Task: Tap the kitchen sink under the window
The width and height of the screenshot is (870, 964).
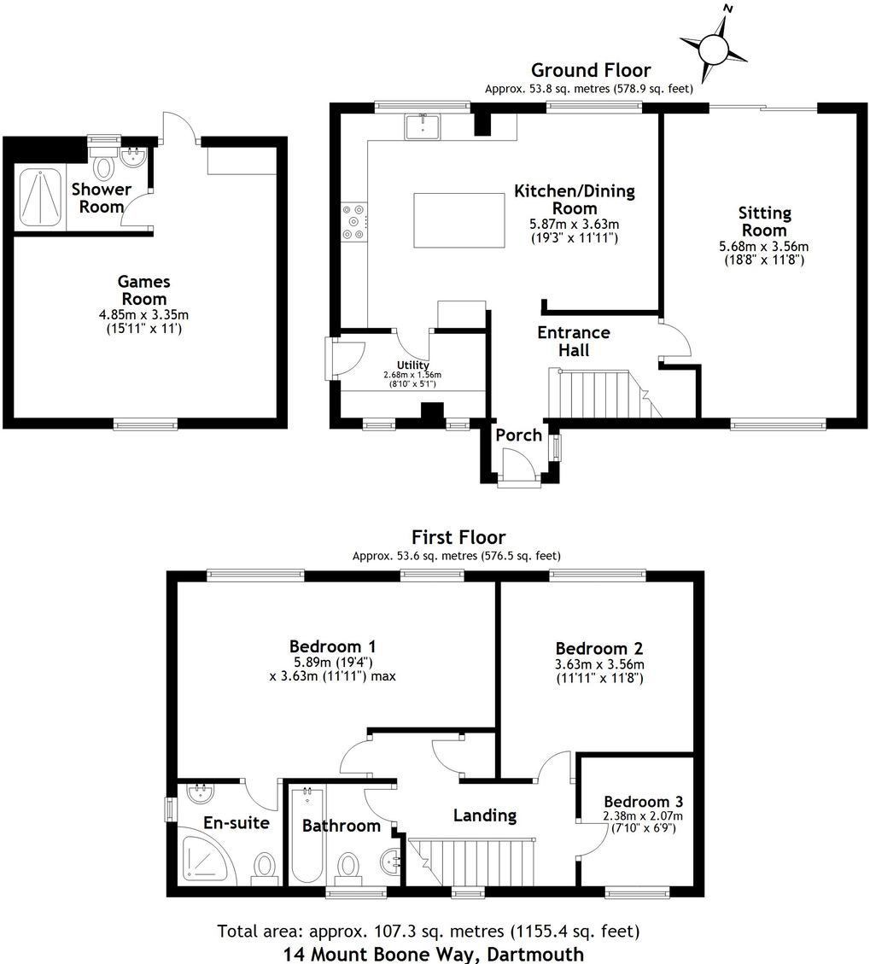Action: [x=423, y=127]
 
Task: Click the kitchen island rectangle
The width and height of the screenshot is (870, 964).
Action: [x=449, y=219]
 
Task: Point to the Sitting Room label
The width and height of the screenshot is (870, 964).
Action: [x=765, y=221]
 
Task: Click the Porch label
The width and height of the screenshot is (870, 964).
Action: [x=518, y=435]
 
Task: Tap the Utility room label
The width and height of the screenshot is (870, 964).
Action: [x=412, y=365]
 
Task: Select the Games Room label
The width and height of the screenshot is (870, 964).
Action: [x=143, y=290]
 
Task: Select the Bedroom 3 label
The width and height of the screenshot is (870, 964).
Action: [x=643, y=802]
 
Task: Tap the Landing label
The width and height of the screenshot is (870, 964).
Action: [x=484, y=815]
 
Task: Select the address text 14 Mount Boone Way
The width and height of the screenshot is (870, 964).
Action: [x=435, y=953]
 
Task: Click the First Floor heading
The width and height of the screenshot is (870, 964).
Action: [x=458, y=537]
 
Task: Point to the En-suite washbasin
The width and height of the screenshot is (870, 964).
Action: [x=199, y=793]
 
